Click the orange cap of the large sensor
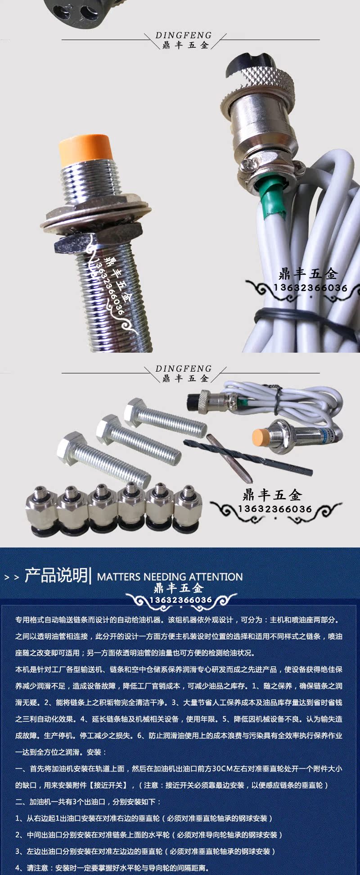tap(85, 148)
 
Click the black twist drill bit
tap(247, 457)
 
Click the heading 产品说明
tap(56, 575)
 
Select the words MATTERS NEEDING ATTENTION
tap(170, 577)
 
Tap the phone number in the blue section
tap(180, 600)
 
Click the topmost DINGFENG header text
tap(184, 35)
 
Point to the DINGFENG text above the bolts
tap(184, 368)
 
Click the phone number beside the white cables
tap(310, 288)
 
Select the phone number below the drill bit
tap(275, 509)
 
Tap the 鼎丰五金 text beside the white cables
tap(308, 273)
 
